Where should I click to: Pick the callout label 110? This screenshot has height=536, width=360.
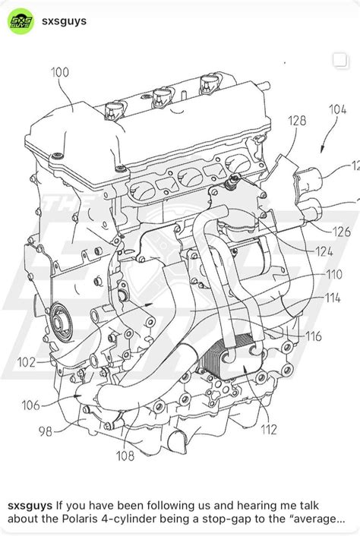[x=333, y=274]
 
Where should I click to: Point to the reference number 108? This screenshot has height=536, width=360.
[x=125, y=456]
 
